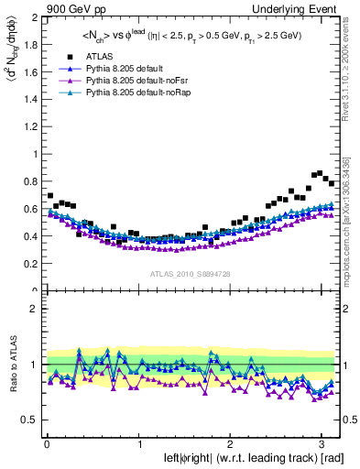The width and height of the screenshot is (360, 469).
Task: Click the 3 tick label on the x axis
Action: pos(322,446)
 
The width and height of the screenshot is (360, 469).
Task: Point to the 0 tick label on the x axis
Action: pos(46,446)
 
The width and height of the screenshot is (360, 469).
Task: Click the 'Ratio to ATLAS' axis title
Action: pos(11,365)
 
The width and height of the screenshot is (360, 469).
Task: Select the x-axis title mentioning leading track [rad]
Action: pos(241,459)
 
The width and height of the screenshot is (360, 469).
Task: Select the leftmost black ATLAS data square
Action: pos(49,196)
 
